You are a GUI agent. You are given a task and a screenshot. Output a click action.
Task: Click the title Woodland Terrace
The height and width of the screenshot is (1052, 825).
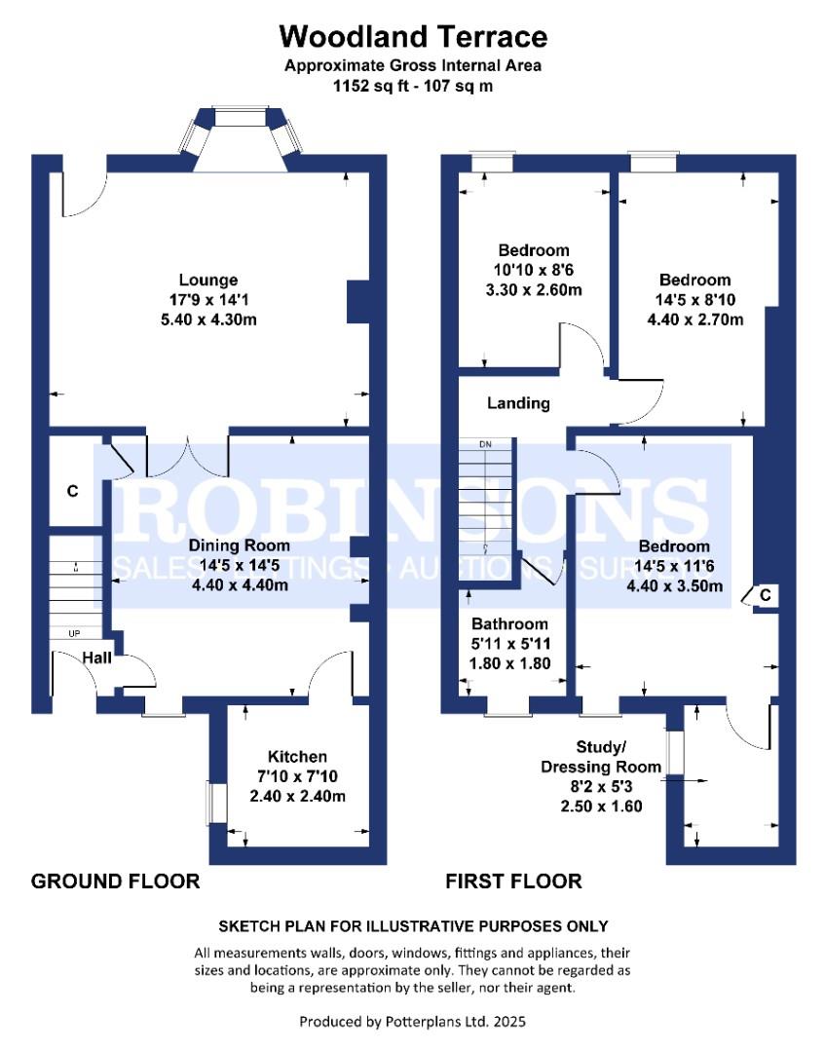coord(413,37)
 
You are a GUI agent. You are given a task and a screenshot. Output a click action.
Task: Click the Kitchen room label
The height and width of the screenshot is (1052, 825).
coord(297,757)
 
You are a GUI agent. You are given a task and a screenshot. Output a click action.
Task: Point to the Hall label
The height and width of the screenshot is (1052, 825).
coord(95,658)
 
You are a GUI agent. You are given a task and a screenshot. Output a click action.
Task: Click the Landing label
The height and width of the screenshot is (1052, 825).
coord(518,402)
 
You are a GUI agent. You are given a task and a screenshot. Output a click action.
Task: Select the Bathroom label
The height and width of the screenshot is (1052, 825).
coord(509,623)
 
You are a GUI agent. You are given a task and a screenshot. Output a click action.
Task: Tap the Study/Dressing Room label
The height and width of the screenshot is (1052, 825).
coord(601,757)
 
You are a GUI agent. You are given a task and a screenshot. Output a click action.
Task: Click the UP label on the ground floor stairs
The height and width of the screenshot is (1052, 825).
coord(74,633)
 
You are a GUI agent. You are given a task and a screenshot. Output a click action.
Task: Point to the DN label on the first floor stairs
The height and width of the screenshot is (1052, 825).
coord(485,445)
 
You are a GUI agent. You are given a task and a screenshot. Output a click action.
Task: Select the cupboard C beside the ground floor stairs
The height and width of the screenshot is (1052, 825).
coord(72,491)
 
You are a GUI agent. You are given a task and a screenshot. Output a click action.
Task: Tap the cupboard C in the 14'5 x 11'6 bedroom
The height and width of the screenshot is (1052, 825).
coord(765,594)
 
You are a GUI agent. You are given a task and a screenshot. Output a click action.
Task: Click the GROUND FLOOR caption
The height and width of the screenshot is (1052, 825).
coord(115,882)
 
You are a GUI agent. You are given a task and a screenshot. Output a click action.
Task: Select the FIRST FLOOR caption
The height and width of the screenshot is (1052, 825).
coord(513,882)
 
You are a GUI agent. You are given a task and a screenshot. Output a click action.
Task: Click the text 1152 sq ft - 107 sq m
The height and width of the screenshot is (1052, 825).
coord(413,85)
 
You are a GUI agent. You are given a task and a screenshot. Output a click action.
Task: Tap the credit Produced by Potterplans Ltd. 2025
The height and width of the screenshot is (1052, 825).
coord(413,1021)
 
